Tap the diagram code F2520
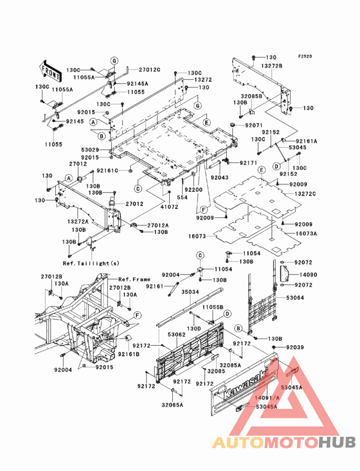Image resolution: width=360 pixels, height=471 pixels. pyautogui.click(x=305, y=56)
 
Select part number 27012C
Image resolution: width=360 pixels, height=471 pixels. pyautogui.click(x=149, y=70)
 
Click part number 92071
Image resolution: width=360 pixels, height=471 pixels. pyautogui.click(x=254, y=125)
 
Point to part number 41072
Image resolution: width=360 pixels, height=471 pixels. pyautogui.click(x=169, y=206)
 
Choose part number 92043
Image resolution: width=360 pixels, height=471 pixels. pyautogui.click(x=219, y=178)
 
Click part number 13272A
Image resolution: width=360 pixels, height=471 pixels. pyautogui.click(x=78, y=221)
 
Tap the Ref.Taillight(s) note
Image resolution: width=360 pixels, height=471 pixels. pyautogui.click(x=91, y=263)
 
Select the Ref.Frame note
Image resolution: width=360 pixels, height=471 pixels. pyautogui.click(x=134, y=279)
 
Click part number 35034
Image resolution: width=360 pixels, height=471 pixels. pyautogui.click(x=190, y=292)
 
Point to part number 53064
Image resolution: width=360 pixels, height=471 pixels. pyautogui.click(x=295, y=298)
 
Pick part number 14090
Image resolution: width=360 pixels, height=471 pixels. pyautogui.click(x=308, y=274)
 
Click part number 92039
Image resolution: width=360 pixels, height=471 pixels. pyautogui.click(x=295, y=347)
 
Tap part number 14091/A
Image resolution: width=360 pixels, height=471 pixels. pyautogui.click(x=267, y=398)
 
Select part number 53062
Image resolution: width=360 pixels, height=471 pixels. pyautogui.click(x=177, y=334)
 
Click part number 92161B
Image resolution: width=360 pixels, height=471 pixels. pyautogui.click(x=129, y=354)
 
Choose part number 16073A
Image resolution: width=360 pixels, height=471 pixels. pyautogui.click(x=306, y=233)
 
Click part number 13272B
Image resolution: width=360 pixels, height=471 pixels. pyautogui.click(x=272, y=66)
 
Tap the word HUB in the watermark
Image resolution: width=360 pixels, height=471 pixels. pyautogui.click(x=337, y=442)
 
